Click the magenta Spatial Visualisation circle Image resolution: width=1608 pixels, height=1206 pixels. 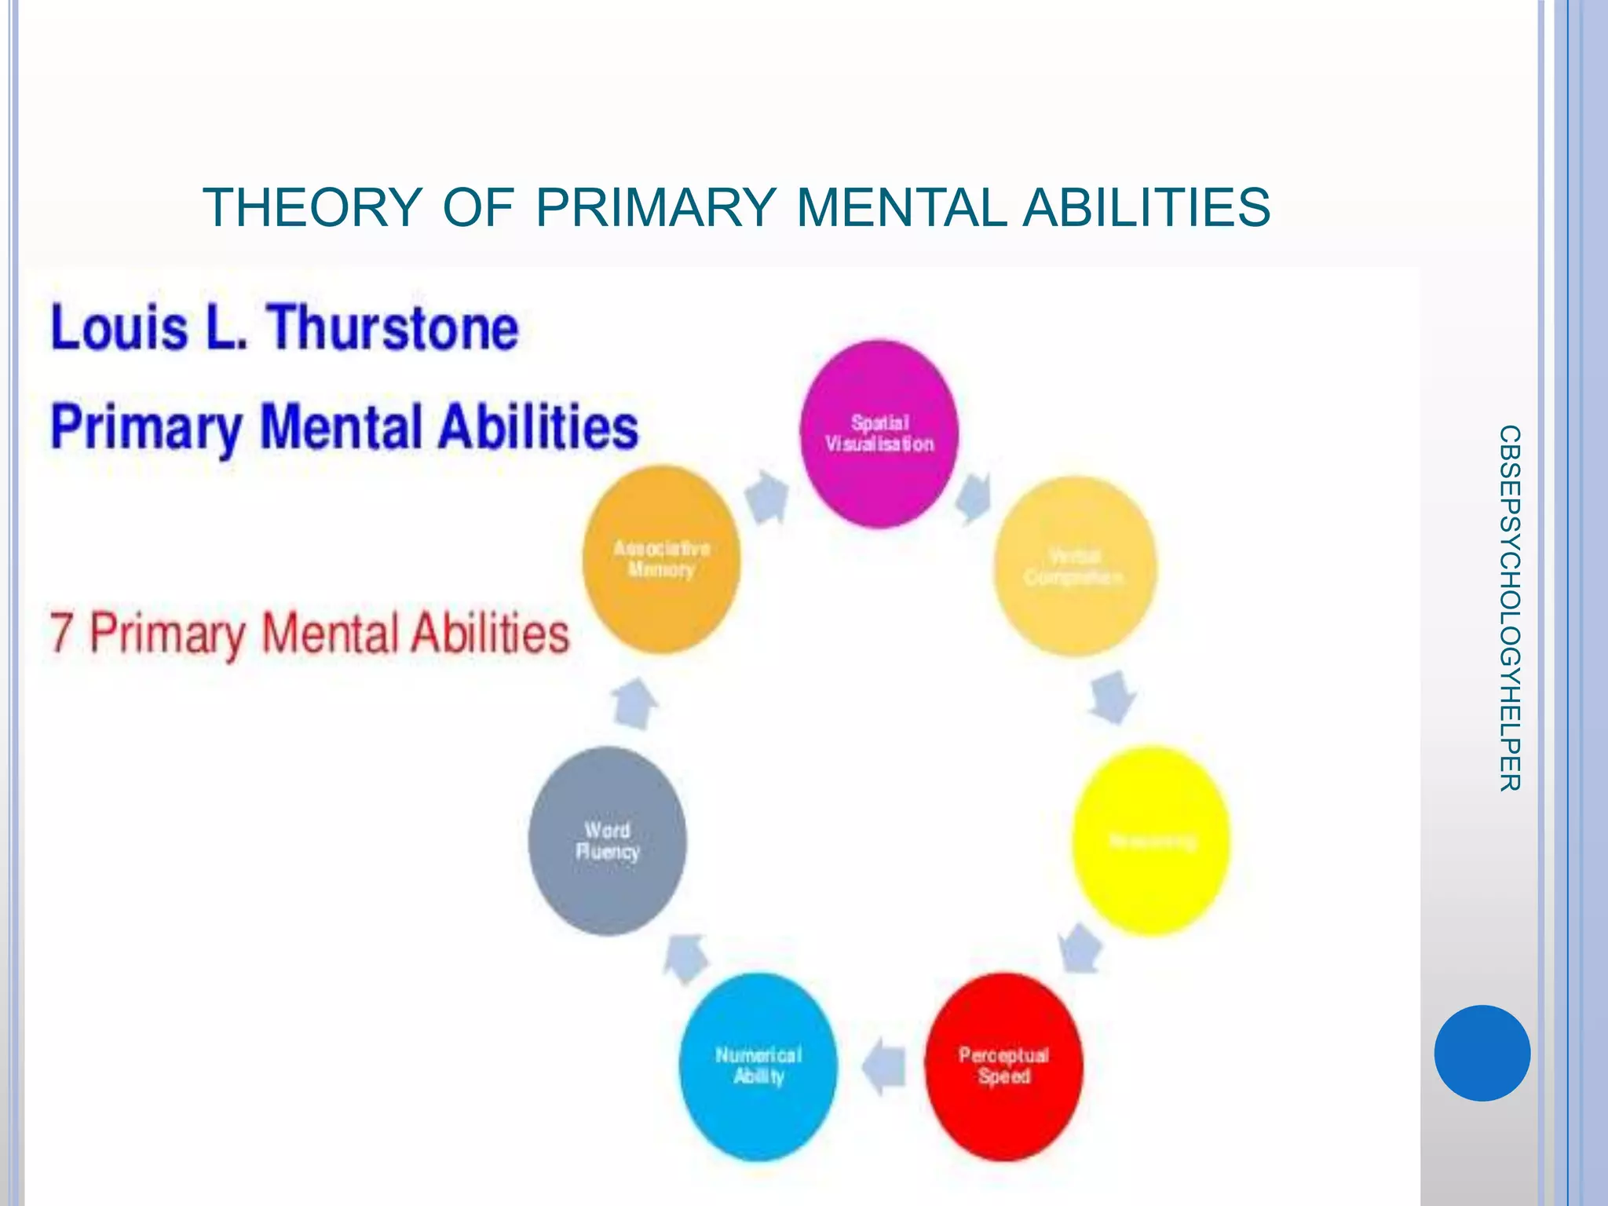pos(879,433)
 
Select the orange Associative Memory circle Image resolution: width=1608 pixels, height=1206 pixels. pos(662,559)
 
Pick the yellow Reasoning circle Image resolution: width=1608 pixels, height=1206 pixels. pos(1151,841)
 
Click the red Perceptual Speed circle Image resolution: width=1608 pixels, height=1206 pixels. pos(1003,1066)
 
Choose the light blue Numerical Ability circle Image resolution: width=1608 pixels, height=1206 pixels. pos(758,1066)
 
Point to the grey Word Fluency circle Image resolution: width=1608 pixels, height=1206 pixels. pos(607,841)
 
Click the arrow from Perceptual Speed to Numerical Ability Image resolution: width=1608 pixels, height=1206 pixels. pos(884,1066)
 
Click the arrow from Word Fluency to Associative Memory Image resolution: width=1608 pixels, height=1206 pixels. pos(634,703)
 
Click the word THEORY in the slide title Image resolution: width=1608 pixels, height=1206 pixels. pos(312,208)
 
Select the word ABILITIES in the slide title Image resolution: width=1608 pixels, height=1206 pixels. pos(1146,208)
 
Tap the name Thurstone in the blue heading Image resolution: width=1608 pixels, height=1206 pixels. pos(393,327)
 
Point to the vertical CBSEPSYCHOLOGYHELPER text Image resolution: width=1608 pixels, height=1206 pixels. pos(1509,608)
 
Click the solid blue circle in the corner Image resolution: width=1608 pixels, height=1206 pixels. pos(1482,1053)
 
